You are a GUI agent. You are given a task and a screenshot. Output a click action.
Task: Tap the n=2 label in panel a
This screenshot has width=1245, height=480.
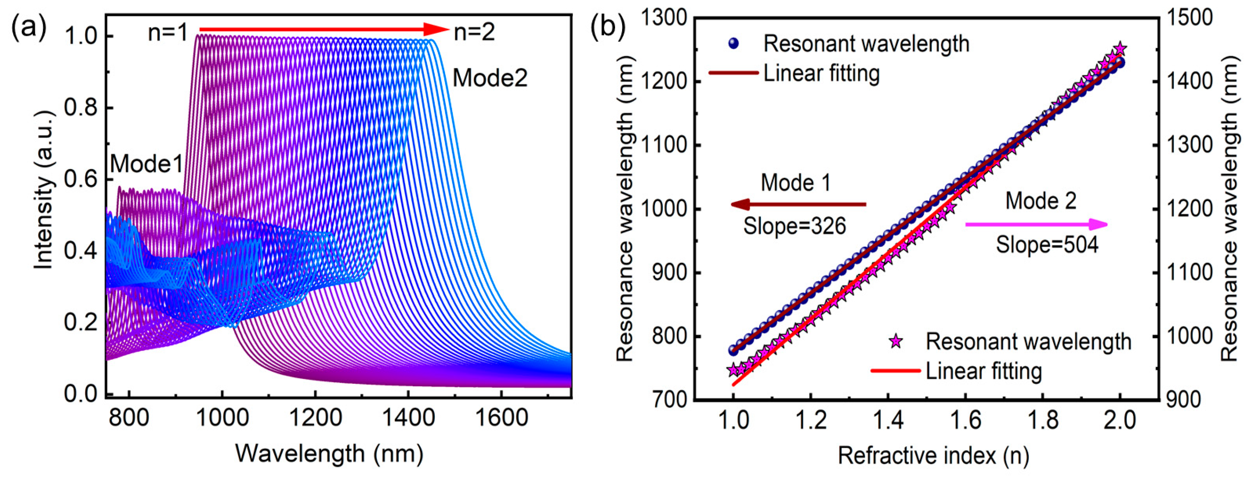click(474, 32)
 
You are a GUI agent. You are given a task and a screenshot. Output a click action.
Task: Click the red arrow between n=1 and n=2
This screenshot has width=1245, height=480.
click(324, 30)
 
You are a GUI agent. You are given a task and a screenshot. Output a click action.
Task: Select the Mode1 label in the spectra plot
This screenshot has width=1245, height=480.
click(147, 164)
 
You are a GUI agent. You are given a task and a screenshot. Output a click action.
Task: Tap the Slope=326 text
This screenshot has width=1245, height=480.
click(795, 226)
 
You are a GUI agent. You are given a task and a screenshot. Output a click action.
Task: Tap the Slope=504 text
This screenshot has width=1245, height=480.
click(1047, 244)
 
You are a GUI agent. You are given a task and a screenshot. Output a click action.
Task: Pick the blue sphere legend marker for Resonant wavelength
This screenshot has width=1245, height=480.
click(733, 44)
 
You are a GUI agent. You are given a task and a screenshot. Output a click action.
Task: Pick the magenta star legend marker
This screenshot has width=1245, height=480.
click(895, 341)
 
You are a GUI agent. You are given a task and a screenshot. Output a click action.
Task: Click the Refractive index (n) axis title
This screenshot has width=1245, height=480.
click(933, 455)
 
